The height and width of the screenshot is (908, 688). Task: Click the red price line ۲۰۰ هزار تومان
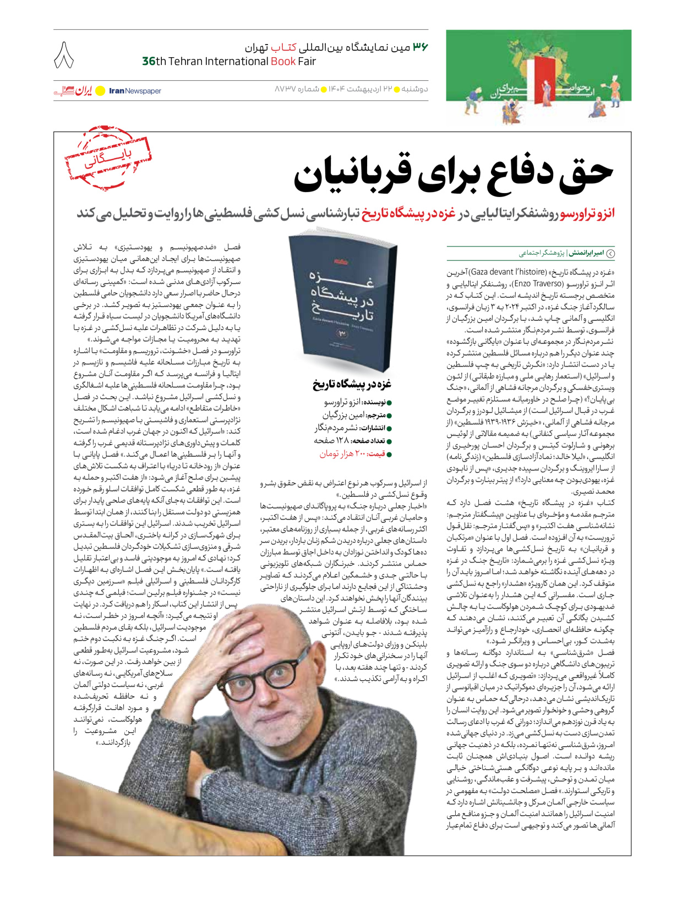click(352, 454)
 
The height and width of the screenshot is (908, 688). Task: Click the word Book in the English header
click(283, 61)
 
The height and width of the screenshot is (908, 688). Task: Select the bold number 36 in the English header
click(149, 61)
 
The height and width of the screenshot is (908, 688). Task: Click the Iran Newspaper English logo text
click(135, 91)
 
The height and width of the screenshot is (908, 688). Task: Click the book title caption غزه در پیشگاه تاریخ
click(352, 384)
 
